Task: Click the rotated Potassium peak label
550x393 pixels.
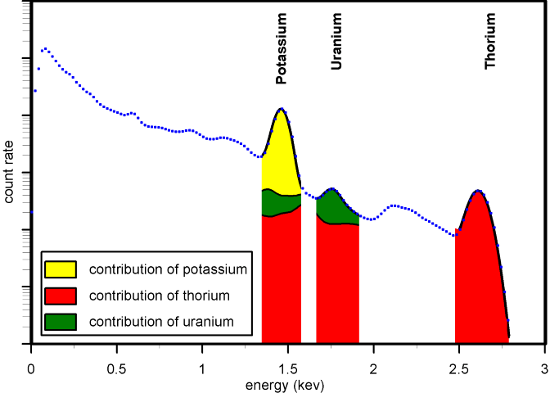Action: click(282, 49)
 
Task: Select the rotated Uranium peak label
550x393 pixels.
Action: click(336, 52)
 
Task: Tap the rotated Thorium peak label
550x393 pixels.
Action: click(490, 51)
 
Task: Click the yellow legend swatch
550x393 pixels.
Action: click(60, 269)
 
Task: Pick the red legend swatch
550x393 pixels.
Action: click(60, 295)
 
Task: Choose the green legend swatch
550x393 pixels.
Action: click(60, 321)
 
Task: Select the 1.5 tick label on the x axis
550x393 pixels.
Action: click(287, 368)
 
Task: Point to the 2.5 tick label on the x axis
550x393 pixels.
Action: click(459, 368)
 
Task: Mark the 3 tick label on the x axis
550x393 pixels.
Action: click(544, 368)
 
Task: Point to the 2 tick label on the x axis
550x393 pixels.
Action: click(373, 368)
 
